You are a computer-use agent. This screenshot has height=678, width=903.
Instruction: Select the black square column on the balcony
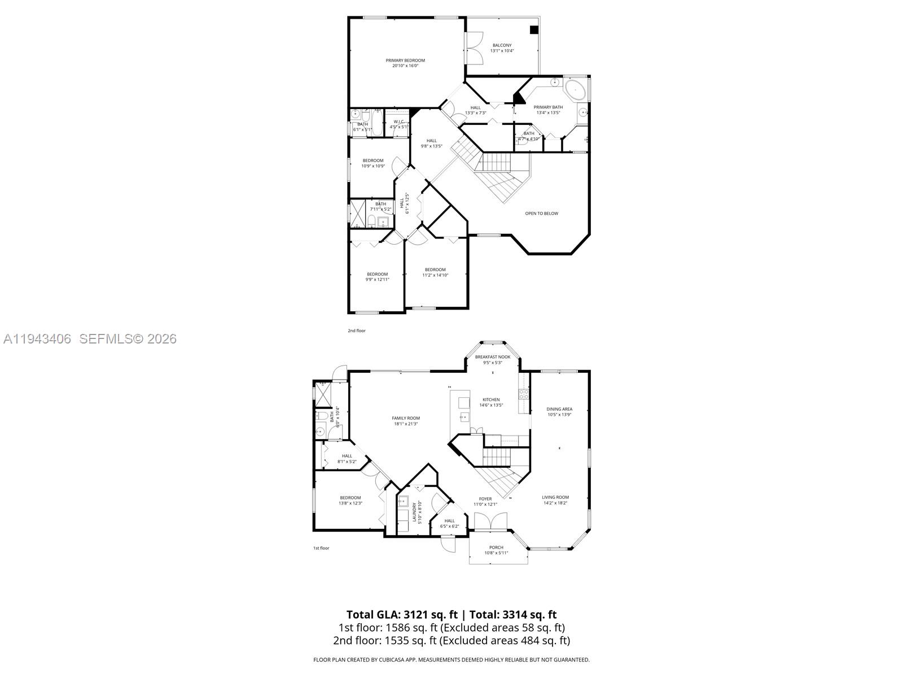tap(534, 31)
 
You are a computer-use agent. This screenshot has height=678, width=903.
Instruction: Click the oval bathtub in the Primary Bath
tap(575, 89)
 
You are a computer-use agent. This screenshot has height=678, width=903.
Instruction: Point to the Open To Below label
tap(541, 214)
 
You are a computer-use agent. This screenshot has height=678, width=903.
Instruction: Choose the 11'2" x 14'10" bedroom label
tap(435, 272)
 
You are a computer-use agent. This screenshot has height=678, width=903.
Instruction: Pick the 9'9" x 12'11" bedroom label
tap(377, 277)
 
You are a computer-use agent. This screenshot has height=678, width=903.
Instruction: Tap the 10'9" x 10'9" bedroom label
tap(373, 163)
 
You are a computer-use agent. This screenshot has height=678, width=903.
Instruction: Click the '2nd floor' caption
tap(356, 331)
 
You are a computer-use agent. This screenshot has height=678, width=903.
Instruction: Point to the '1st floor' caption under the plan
tap(321, 548)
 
